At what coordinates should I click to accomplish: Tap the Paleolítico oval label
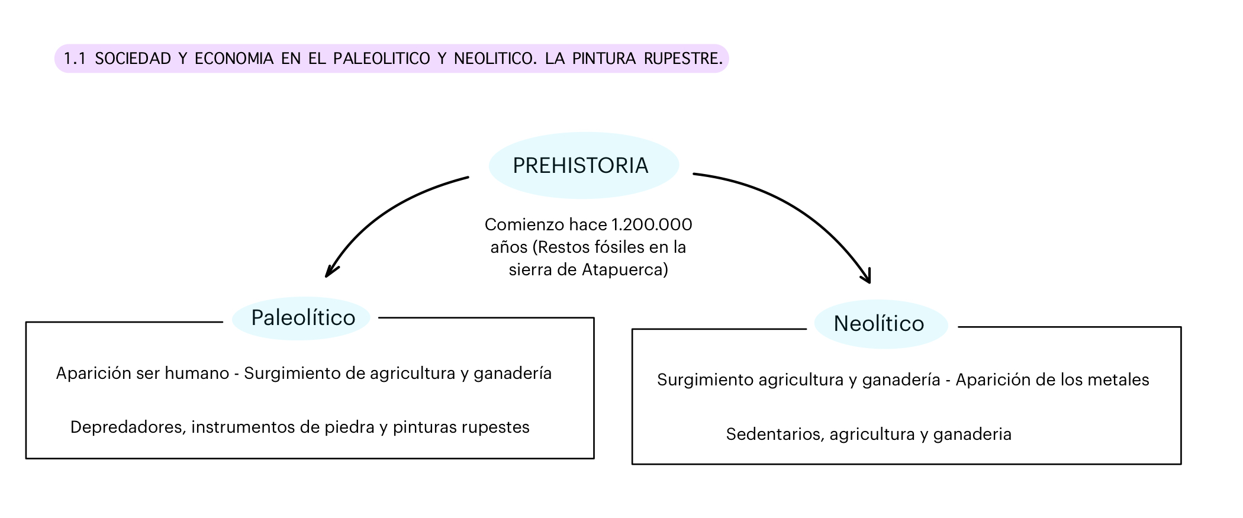click(x=302, y=318)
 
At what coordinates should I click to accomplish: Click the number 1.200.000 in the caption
click(x=652, y=225)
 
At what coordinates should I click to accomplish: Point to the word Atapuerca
click(x=624, y=270)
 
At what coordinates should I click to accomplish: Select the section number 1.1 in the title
click(x=75, y=59)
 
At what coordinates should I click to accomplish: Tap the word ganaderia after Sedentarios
click(x=972, y=435)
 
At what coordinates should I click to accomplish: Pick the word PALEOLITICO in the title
click(x=382, y=59)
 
